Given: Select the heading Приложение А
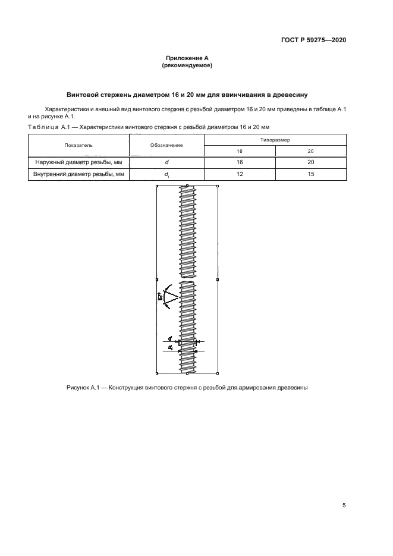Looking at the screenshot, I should click(x=187, y=58).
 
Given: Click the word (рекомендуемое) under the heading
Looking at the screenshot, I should click(x=187, y=66).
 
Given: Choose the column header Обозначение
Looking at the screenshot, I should click(x=166, y=145).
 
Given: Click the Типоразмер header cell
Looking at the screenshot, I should click(x=275, y=139).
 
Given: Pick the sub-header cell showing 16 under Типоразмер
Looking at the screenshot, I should click(x=239, y=151).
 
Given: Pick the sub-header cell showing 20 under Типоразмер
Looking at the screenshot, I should click(x=310, y=151).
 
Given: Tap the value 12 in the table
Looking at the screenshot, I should click(x=239, y=174).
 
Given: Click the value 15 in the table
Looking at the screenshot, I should click(x=310, y=174).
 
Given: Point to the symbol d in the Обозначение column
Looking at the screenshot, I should click(x=166, y=162).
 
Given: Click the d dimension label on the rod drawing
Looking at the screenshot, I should click(x=170, y=338).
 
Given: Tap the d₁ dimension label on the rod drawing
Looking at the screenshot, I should click(x=171, y=347).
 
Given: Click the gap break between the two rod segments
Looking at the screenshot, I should click(x=187, y=279).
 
